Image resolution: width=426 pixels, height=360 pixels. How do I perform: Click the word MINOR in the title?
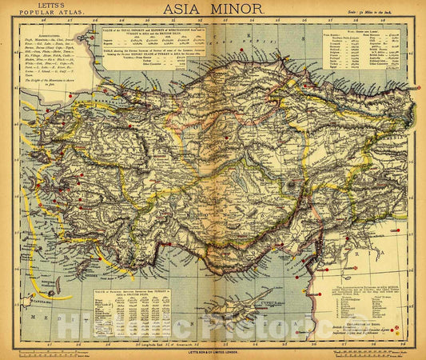pos(238,10)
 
